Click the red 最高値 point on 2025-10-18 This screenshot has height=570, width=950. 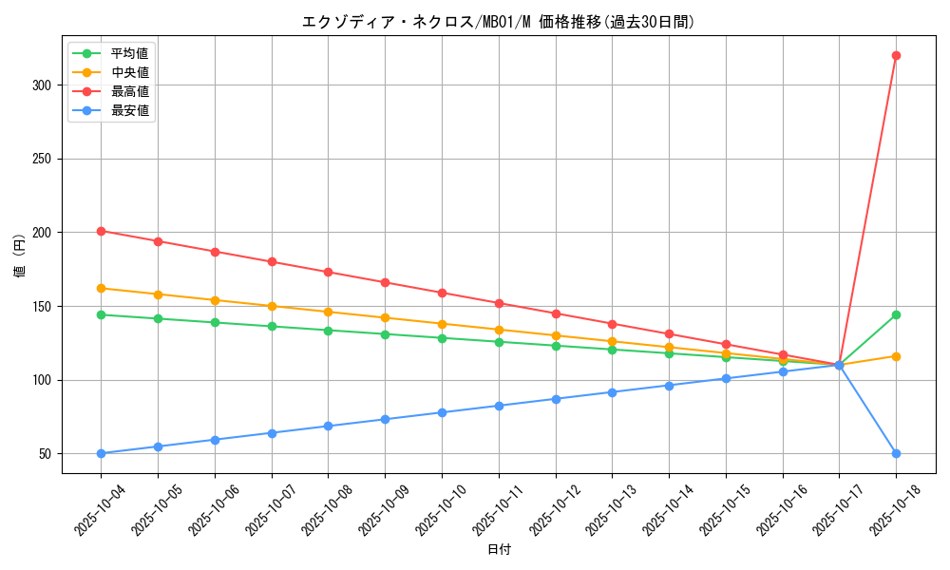(896, 55)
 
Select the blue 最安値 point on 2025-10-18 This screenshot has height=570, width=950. (896, 453)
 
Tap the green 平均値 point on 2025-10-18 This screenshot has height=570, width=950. (896, 314)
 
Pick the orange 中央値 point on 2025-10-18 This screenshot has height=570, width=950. (896, 356)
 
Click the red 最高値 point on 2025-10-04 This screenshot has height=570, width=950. (101, 231)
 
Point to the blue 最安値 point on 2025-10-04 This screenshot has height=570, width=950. (101, 453)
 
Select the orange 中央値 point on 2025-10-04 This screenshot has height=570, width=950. (101, 288)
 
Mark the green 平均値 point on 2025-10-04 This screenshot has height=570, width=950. (101, 314)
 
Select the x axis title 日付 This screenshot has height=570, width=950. (498, 550)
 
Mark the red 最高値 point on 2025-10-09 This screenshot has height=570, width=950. (385, 282)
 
